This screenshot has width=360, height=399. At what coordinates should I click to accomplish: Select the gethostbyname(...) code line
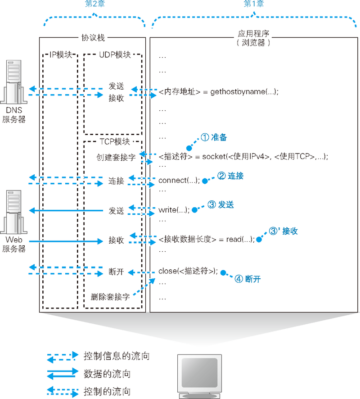click(x=219, y=91)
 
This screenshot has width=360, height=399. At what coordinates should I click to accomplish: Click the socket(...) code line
click(x=243, y=157)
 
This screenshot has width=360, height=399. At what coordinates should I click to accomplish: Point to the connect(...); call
click(x=179, y=181)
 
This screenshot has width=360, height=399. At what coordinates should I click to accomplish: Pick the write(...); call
click(x=174, y=210)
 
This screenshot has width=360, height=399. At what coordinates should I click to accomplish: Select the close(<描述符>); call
click(x=188, y=272)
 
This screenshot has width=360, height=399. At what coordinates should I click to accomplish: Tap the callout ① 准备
click(x=214, y=138)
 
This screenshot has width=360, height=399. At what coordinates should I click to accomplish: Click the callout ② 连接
click(x=230, y=176)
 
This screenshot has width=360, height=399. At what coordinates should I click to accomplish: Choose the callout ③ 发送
click(x=221, y=205)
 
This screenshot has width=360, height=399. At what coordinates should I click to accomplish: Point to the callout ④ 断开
click(x=247, y=279)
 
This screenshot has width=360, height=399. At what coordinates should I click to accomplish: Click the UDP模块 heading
click(x=114, y=54)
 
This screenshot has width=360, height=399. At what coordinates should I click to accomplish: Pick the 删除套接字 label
click(x=110, y=297)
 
